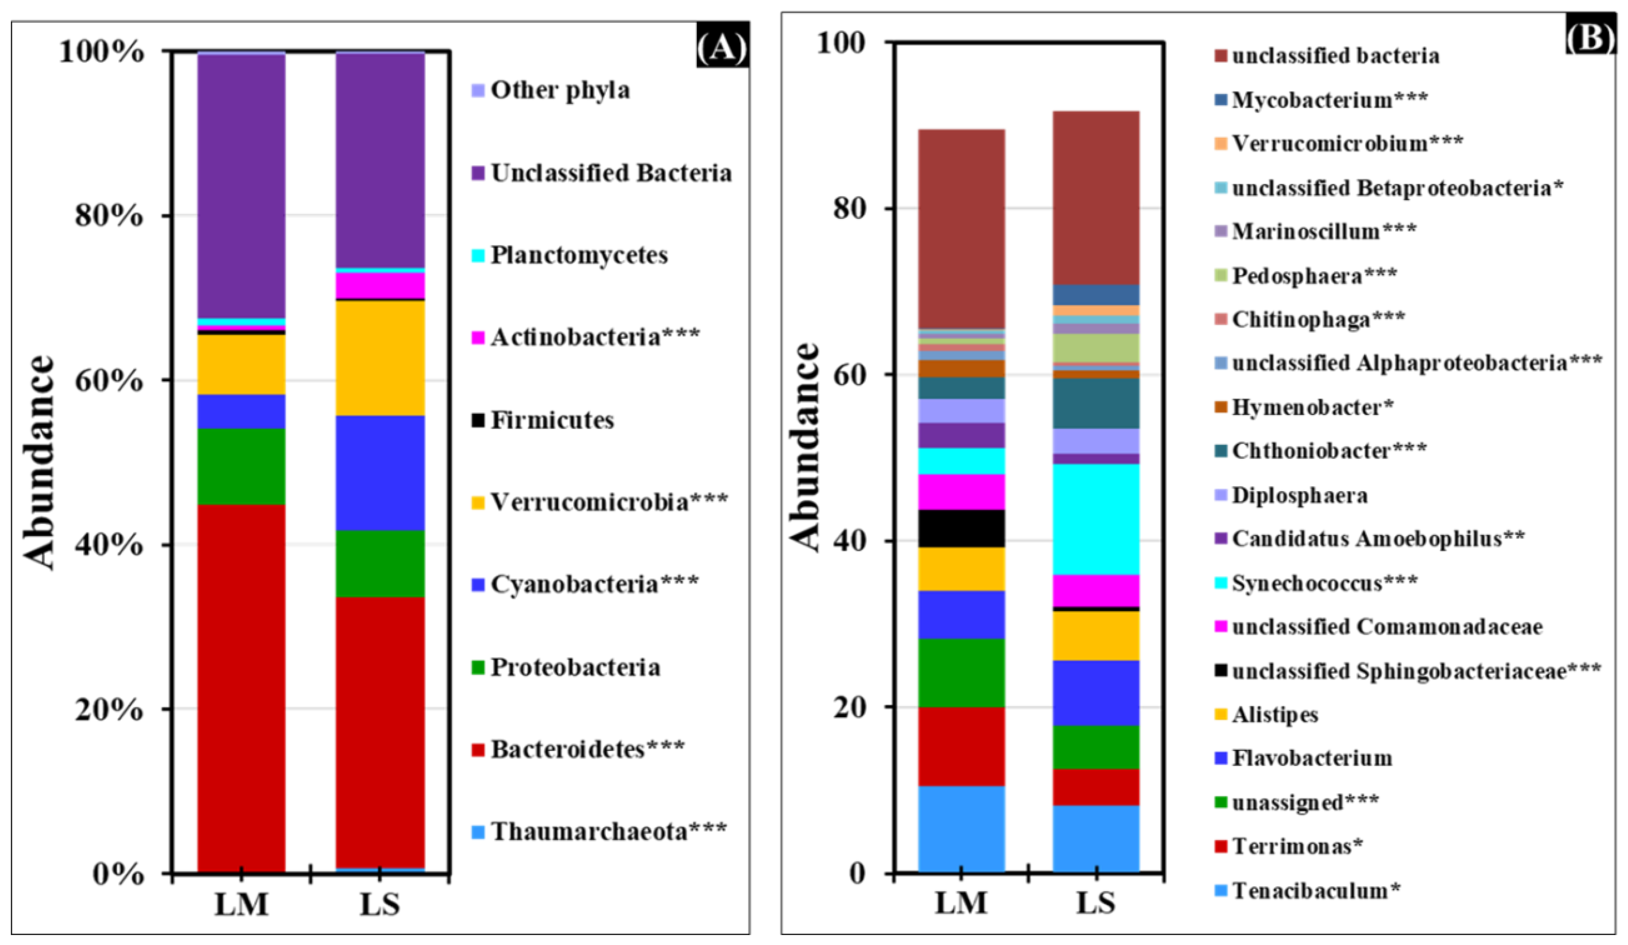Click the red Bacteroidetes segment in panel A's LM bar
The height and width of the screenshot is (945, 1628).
241,688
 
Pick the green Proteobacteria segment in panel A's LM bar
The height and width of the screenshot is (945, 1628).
241,466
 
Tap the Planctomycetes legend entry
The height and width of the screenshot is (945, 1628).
578,255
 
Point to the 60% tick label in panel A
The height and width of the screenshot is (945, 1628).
109,380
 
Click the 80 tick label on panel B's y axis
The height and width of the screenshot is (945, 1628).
848,208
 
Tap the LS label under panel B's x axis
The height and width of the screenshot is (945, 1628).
1096,903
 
